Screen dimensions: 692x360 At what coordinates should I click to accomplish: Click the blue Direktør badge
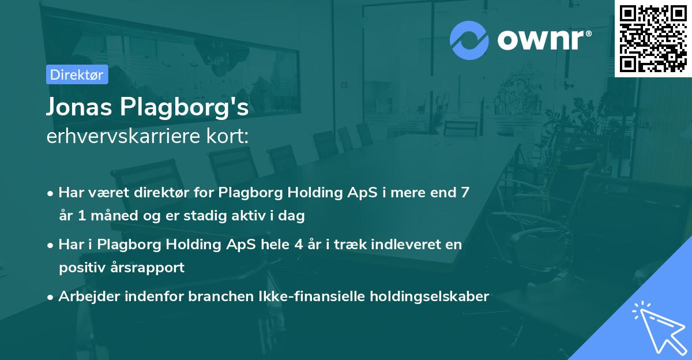point(77,74)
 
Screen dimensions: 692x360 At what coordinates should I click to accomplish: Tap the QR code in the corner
point(653,39)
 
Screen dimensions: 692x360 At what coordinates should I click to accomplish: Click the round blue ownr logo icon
point(469,40)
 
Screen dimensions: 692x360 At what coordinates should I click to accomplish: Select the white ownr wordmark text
point(541,40)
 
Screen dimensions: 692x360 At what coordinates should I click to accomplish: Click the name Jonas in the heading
point(79,107)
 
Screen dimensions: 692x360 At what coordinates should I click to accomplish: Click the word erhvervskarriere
point(123,136)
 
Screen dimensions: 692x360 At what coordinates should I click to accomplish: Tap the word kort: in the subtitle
point(228,136)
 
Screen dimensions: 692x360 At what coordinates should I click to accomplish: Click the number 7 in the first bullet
point(465,193)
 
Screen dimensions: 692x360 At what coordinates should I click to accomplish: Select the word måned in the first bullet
point(114,215)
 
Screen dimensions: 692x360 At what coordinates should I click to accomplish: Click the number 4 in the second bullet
point(299,245)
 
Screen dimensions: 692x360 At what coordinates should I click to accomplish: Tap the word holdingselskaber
point(430,297)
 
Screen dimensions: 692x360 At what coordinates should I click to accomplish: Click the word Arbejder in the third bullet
point(89,297)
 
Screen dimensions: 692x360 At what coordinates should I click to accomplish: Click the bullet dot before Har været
point(50,194)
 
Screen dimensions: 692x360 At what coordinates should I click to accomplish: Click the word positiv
point(82,268)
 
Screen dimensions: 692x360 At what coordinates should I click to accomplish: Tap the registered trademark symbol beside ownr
point(588,33)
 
